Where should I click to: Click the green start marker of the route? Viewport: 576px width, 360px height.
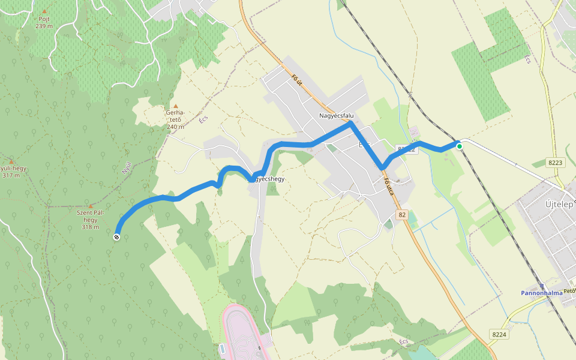click(460, 146)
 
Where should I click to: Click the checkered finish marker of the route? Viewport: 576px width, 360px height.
click(116, 237)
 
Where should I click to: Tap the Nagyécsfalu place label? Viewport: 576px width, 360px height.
click(336, 115)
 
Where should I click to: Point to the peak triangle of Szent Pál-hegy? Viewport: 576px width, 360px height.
click(91, 206)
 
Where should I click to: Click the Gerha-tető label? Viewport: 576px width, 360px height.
click(175, 115)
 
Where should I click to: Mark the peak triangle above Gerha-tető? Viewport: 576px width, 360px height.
click(175, 106)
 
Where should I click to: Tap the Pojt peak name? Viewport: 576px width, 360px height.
click(44, 19)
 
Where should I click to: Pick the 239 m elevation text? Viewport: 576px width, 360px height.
click(44, 26)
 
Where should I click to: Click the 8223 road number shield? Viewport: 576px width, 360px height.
click(556, 162)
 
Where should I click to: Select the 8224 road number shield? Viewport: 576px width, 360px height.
click(499, 334)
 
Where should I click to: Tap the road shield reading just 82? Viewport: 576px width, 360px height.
click(401, 214)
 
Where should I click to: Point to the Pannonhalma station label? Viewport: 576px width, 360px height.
click(541, 293)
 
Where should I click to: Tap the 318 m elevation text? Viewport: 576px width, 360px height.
click(91, 227)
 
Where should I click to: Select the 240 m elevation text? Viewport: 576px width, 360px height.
click(175, 127)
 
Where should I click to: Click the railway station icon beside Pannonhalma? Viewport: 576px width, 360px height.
click(542, 286)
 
